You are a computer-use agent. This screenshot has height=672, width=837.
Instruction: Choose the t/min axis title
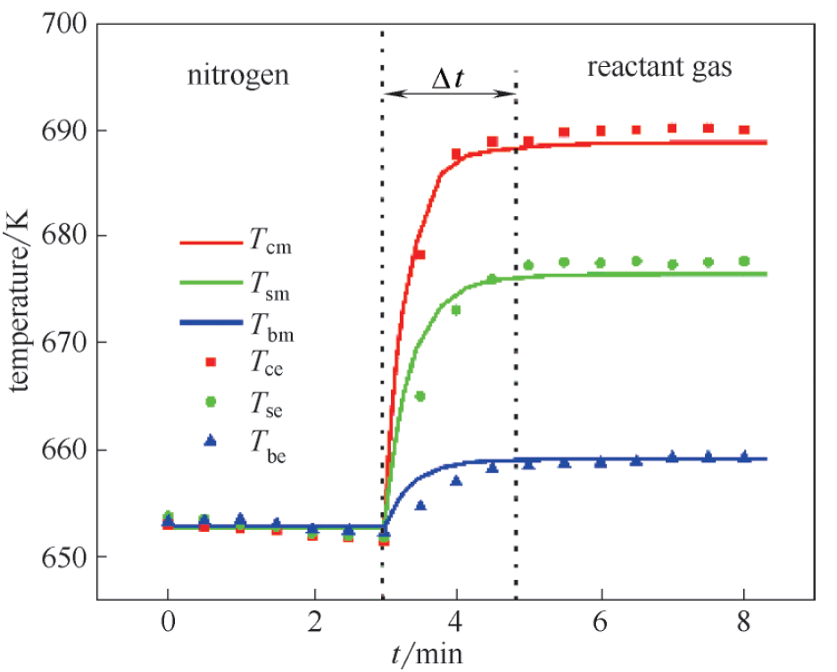point(426,654)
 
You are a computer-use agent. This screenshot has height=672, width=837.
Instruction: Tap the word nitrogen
point(237,74)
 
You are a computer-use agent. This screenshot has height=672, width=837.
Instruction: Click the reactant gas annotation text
point(659,68)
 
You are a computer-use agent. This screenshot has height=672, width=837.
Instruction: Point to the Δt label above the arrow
point(448,79)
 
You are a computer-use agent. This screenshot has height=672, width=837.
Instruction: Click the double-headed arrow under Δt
point(449,93)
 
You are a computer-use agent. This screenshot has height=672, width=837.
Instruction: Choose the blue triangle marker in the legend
point(211,441)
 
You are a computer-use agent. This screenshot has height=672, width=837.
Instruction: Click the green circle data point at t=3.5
point(420,396)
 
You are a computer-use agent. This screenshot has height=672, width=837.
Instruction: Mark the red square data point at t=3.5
point(419,255)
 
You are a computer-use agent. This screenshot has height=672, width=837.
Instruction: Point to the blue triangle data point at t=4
point(456,481)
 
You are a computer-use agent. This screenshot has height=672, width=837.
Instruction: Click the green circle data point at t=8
point(744,261)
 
